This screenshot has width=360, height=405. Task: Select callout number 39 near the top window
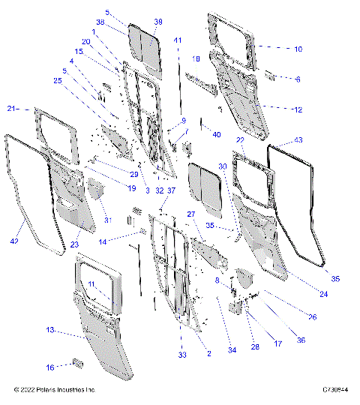pyautogui.click(x=158, y=22)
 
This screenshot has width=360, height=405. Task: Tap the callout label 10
pyautogui.click(x=298, y=49)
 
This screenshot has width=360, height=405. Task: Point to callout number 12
pyautogui.click(x=298, y=109)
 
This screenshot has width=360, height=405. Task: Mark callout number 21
pyautogui.click(x=11, y=109)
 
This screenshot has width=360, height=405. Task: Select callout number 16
pyautogui.click(x=51, y=367)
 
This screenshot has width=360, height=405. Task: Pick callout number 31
pyautogui.click(x=106, y=220)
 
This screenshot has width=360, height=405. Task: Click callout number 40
pyautogui.click(x=217, y=134)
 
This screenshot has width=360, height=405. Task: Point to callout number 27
pyautogui.click(x=191, y=214)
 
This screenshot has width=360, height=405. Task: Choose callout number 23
pyautogui.click(x=74, y=244)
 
